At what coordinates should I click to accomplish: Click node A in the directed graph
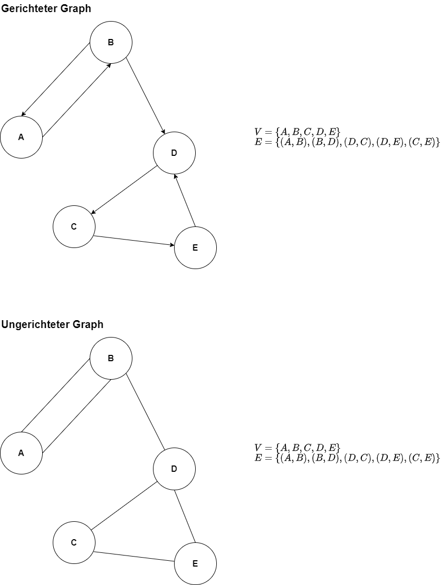coord(21,137)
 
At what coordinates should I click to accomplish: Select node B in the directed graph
coord(111,42)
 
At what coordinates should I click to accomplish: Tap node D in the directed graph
coord(174,153)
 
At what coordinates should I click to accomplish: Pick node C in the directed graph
coord(74,226)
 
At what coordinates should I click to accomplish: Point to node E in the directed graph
coord(195,247)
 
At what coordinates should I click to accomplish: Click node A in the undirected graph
coord(21,453)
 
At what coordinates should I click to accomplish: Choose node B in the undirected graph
coord(111,358)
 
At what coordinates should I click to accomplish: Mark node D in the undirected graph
coord(174,469)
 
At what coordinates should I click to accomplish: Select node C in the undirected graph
coord(74,542)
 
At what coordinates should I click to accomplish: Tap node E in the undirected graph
coord(195,563)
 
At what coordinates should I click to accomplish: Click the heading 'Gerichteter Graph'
coord(46,8)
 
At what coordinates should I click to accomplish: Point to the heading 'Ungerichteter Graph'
coord(52,324)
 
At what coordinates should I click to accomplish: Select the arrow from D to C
coord(124,190)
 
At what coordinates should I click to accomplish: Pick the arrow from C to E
coord(135,240)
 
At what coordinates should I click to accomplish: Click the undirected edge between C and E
coord(135,556)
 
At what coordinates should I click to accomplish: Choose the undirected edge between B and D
coord(146,411)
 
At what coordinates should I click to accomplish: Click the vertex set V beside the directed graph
coord(297,132)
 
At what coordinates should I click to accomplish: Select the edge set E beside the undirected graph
coord(347,458)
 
